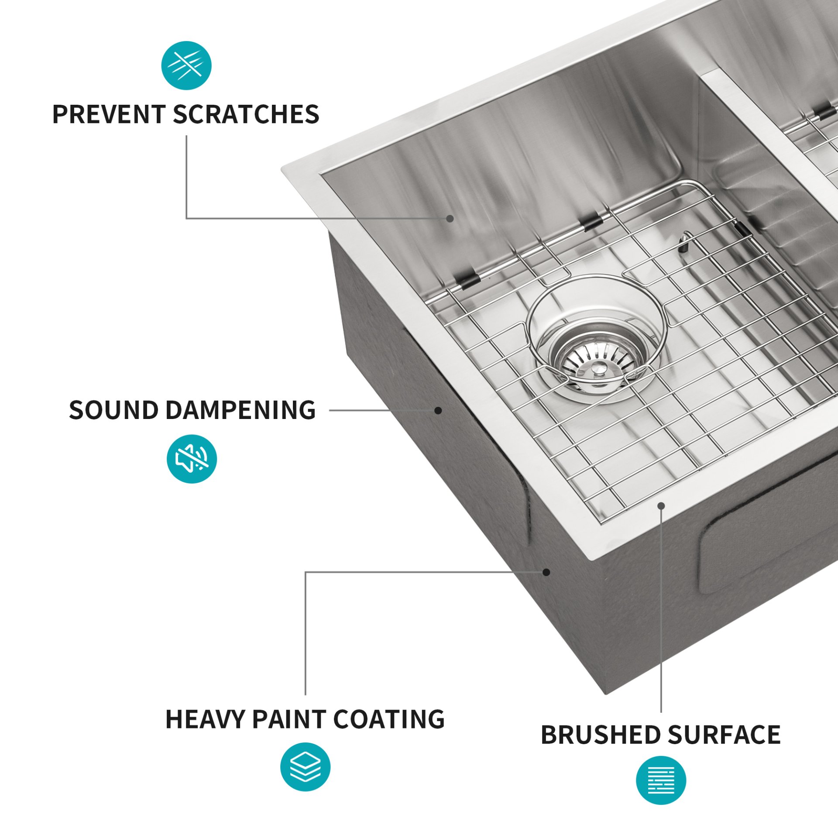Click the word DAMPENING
coord(240,410)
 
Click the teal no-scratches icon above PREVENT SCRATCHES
coord(186,65)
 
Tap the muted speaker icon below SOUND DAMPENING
coord(192,459)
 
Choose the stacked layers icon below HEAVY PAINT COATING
coord(305,767)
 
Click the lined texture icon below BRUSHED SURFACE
coord(661,780)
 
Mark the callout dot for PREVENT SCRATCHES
coord(450,218)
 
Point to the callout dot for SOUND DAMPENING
coord(438,410)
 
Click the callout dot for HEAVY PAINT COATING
coord(546,572)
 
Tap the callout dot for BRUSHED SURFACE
coord(661,506)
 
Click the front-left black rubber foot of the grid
coord(466,280)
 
